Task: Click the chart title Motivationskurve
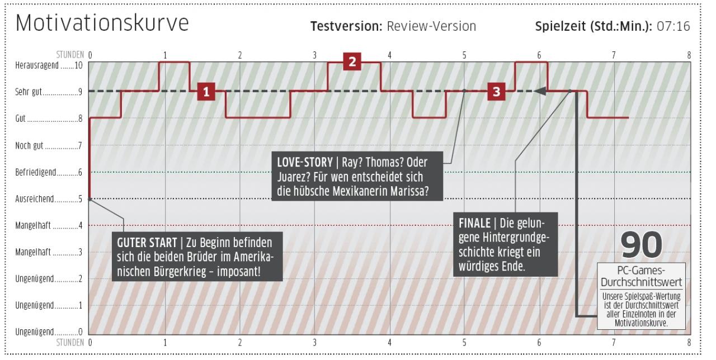point(102,23)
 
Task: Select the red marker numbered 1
point(206,92)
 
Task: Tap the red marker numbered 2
point(352,61)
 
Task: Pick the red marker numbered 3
point(496,91)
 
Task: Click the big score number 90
point(641,245)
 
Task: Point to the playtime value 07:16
point(673,26)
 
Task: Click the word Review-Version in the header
point(431,26)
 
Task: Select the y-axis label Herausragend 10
point(49,65)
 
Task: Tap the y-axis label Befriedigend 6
point(49,173)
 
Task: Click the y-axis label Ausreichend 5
point(49,199)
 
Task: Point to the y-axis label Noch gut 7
point(49,146)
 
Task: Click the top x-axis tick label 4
point(389,55)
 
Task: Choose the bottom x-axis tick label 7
point(614,343)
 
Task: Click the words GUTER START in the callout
point(147,243)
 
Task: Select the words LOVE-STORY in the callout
point(305,162)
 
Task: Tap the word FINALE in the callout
point(475,223)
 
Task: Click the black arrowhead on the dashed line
point(540,91)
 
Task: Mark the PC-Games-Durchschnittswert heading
point(641,276)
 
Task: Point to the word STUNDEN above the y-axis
point(70,55)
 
